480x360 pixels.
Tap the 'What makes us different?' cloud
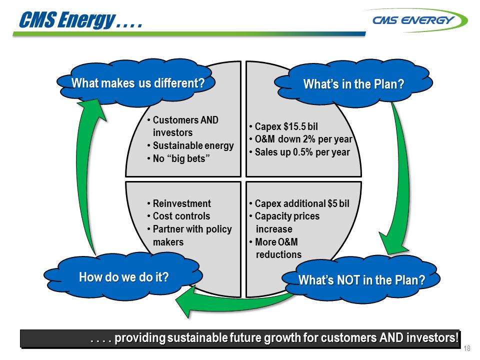[138, 83]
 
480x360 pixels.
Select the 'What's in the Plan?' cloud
[354, 84]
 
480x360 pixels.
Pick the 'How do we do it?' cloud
[123, 276]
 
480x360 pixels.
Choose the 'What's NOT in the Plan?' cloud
[361, 280]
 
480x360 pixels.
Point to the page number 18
[468, 348]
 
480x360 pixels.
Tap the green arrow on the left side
[88, 175]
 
